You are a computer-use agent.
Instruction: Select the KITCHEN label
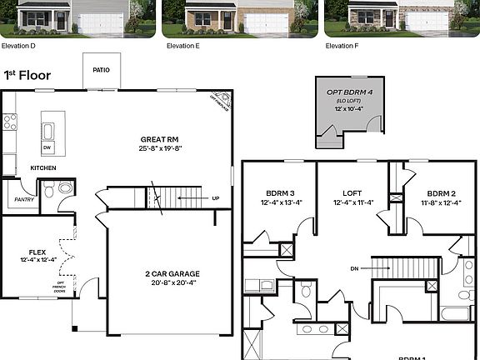click(x=42, y=167)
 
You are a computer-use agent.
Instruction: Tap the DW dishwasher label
click(x=47, y=147)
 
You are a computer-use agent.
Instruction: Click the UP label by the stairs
click(x=216, y=198)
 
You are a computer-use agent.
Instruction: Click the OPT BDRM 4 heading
click(x=348, y=90)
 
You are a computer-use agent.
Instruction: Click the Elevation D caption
click(x=17, y=46)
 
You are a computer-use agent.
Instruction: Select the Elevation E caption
click(x=182, y=46)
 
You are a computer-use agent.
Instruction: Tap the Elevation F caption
click(x=344, y=46)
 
